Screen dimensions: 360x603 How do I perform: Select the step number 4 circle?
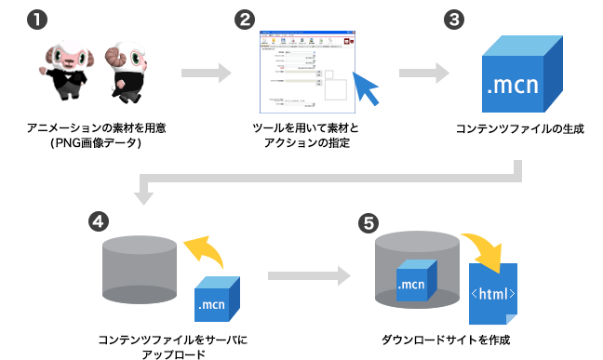pyautogui.click(x=96, y=221)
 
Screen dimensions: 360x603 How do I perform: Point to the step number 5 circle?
pyautogui.click(x=369, y=222)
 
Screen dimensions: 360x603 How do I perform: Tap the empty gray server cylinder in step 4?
pyautogui.click(x=140, y=271)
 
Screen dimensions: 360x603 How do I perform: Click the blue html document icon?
pyautogui.click(x=494, y=294)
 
